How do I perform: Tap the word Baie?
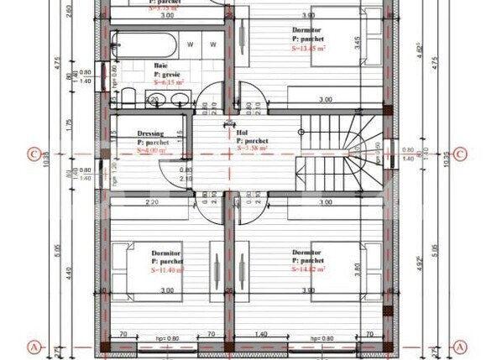(160, 65)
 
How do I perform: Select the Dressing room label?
(150, 133)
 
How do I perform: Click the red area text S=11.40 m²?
(167, 271)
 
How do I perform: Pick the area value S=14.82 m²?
(309, 270)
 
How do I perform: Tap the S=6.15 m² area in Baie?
(168, 81)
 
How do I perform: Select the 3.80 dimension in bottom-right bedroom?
(358, 270)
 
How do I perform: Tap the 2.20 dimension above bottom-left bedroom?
(152, 203)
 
